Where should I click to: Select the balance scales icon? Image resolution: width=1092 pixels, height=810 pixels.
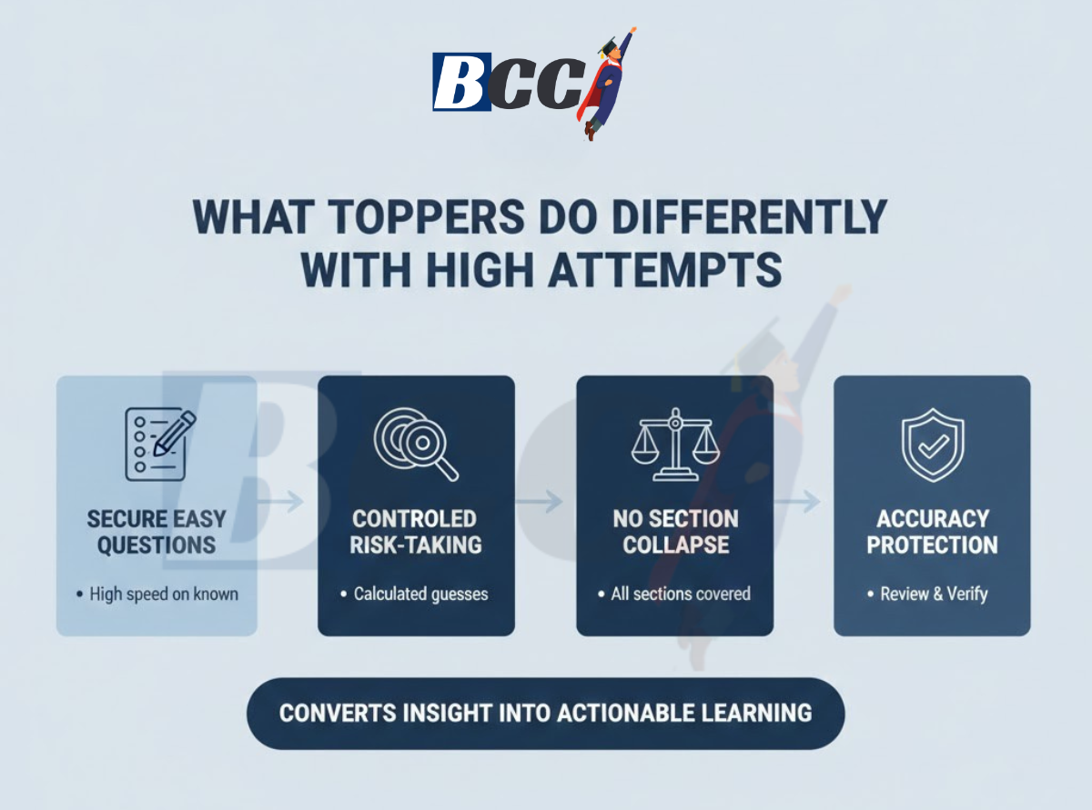coord(675,445)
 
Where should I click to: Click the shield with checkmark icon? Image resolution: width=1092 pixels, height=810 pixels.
coord(932,445)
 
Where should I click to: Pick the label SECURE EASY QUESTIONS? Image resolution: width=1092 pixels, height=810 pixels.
coord(157,532)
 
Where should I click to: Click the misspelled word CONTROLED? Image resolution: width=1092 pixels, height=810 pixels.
coord(415,519)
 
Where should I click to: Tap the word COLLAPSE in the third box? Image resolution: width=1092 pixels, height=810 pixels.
coord(675,545)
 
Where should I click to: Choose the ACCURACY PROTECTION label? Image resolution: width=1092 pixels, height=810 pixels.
coord(932,532)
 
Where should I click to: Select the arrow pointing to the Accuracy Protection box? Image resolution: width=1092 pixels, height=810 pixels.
coord(804,501)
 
